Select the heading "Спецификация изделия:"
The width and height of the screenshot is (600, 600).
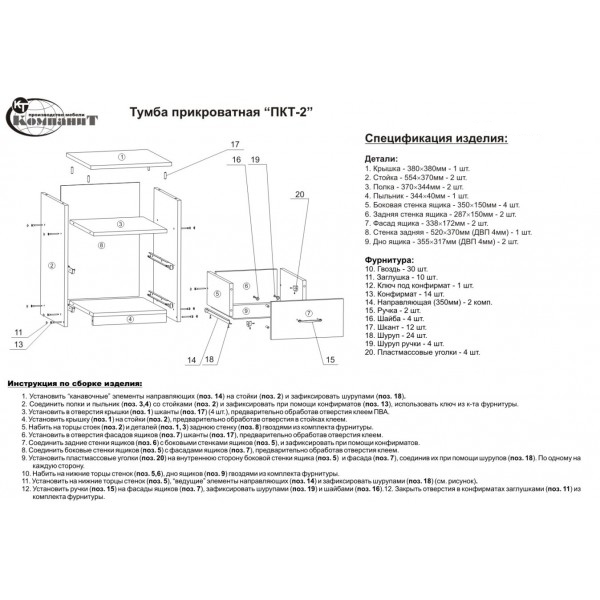click(435, 137)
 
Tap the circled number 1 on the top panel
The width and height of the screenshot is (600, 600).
click(119, 157)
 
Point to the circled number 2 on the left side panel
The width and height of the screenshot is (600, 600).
click(49, 264)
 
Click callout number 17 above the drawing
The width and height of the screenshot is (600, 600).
click(236, 144)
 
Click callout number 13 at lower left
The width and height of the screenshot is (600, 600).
click(18, 345)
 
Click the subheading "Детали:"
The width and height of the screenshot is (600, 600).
click(383, 160)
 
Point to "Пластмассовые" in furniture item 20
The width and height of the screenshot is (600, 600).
click(410, 352)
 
